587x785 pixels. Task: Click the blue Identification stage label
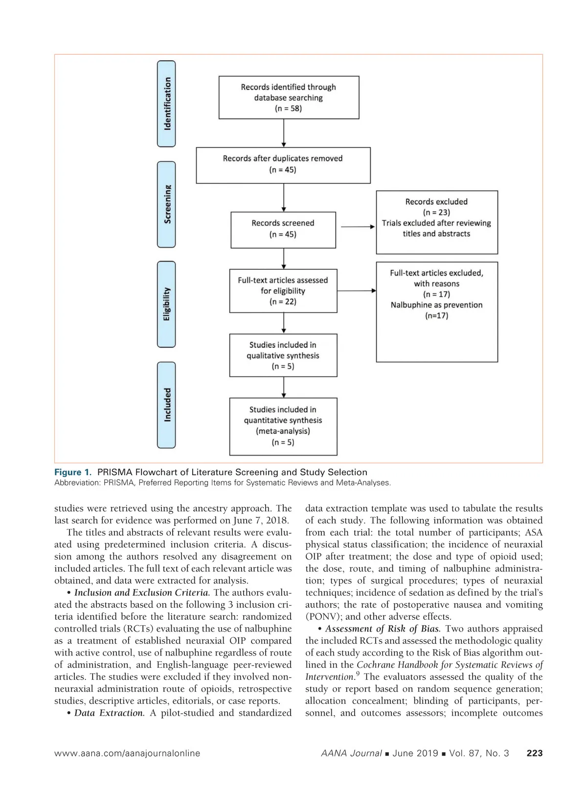point(166,104)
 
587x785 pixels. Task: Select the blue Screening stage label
point(166,204)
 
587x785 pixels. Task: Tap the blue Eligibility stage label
point(166,304)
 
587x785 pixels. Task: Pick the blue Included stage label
point(166,405)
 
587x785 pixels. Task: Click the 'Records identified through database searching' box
point(289,97)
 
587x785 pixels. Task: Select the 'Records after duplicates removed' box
point(283,165)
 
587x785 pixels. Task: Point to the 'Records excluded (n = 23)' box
point(436,222)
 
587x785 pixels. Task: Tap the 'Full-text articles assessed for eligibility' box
point(283,291)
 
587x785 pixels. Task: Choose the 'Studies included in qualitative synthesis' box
point(283,355)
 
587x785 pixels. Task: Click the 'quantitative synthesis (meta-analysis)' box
point(283,426)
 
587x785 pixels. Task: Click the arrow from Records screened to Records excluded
point(357,227)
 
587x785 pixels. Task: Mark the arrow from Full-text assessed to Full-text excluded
point(357,291)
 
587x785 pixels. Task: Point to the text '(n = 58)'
point(288,109)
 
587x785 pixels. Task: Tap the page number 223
point(534,753)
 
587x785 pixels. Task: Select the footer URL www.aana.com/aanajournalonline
point(127,753)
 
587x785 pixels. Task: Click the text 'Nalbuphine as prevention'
point(436,305)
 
